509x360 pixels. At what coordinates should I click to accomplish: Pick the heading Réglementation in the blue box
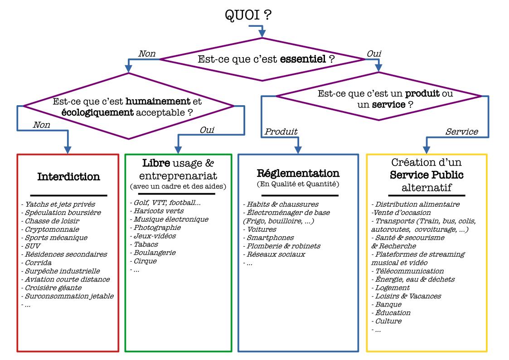[298, 173]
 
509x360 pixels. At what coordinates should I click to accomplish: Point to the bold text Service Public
[426, 175]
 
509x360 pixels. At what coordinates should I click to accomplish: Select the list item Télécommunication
[408, 271]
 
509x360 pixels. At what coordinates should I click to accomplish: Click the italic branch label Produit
[281, 132]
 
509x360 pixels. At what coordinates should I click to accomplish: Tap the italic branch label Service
[461, 132]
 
